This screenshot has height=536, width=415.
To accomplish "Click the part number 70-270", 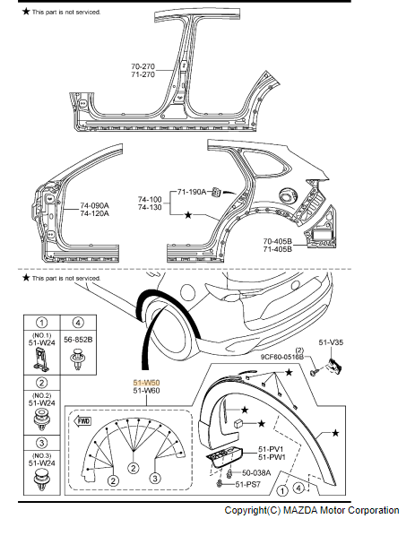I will click(144, 66).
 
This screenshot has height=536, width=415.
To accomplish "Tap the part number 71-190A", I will click(191, 191).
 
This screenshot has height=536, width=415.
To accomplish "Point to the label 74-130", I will click(150, 208).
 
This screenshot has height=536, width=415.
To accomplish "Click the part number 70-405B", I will click(279, 240).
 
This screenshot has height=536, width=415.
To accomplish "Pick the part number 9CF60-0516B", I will click(286, 357).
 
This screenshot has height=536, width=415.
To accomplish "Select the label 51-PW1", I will click(272, 457).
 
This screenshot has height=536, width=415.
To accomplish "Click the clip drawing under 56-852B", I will click(78, 361).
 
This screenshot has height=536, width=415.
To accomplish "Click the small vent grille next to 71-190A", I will click(218, 192).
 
